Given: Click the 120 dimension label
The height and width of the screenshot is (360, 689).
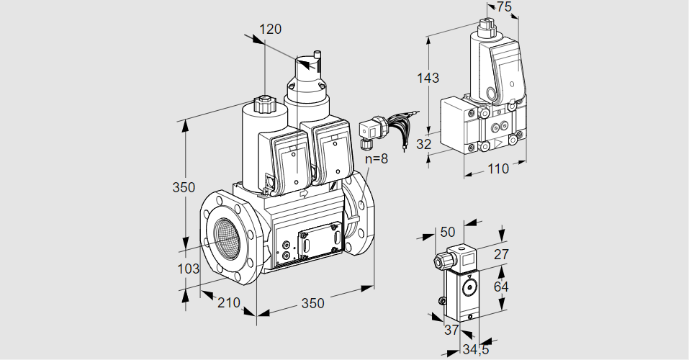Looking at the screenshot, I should tap(270, 30).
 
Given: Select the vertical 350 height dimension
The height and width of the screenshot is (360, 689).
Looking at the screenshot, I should tap(184, 188).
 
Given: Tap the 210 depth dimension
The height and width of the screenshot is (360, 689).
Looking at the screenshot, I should tap(228, 302).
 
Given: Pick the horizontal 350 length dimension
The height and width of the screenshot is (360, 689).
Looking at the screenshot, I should tap(312, 303).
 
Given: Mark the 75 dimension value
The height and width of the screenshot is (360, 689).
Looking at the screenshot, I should tap(504, 7).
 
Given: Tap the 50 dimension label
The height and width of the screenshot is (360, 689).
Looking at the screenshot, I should tap(447, 232).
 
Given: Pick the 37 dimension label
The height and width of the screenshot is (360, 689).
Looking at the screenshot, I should tap(451, 330).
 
